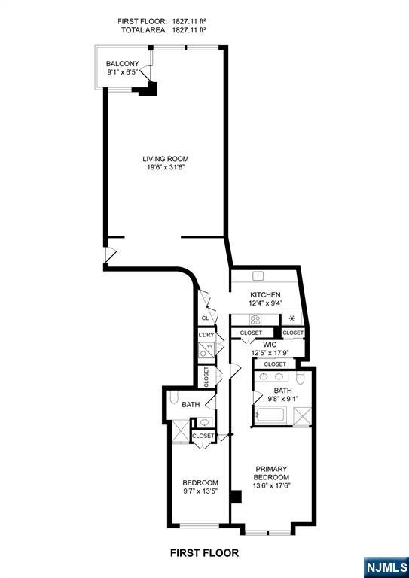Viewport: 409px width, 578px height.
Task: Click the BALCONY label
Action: pos(123,64)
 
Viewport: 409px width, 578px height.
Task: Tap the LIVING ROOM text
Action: pos(166,159)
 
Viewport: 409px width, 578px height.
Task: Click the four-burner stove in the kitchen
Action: pos(255,319)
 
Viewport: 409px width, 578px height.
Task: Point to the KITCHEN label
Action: pos(265,295)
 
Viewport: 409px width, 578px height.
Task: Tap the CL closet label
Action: pos(206,318)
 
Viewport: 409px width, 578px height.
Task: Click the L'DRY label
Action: pos(206,335)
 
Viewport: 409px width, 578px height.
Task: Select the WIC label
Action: pos(270,345)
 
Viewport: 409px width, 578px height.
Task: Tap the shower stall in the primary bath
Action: pos(302,416)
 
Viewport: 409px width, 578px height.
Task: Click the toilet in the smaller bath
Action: pos(174,397)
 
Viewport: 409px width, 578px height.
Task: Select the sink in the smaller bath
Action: pos(203,422)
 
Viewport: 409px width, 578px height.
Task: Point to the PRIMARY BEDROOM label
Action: pos(271,473)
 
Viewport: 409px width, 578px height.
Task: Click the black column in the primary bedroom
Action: pos(236,497)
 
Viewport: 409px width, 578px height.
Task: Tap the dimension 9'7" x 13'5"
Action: pos(200,491)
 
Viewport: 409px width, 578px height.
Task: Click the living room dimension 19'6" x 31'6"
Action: pos(166,167)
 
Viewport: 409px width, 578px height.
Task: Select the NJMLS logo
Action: pos(386,567)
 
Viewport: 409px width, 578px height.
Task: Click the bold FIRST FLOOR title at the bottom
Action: pos(204,553)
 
